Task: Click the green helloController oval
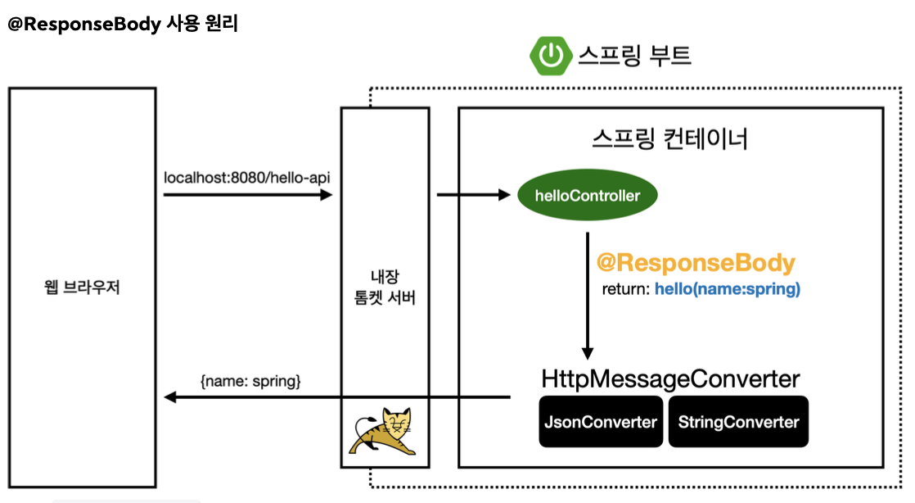(587, 196)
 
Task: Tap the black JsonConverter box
(601, 422)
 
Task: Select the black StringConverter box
(737, 422)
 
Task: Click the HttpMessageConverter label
(669, 379)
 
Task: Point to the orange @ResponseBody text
(696, 263)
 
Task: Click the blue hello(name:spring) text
(728, 289)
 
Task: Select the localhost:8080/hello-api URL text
(247, 177)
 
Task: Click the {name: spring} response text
(250, 381)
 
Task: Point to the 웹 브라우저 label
(82, 288)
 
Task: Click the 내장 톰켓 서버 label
(385, 288)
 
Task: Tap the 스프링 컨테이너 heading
(669, 138)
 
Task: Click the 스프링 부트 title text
(635, 56)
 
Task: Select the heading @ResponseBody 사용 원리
(123, 24)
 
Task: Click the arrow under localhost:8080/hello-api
(247, 195)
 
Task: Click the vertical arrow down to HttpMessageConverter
(587, 295)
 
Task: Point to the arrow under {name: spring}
(336, 398)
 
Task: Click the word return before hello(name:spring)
(625, 289)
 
